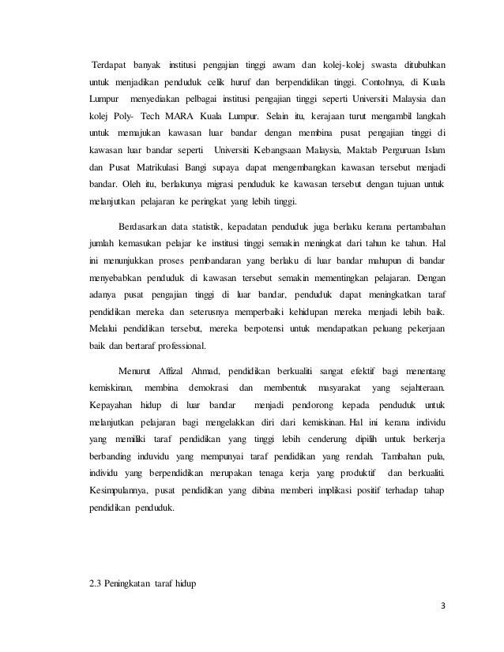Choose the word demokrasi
tap(210, 388)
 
